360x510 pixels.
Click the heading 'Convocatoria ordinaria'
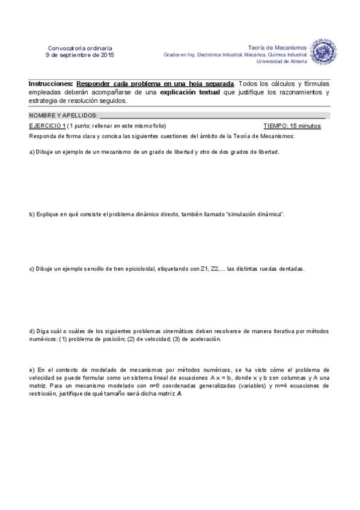80,48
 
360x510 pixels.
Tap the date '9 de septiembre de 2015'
80,55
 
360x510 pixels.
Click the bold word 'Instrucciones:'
51,84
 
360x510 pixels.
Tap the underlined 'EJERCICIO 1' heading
47,126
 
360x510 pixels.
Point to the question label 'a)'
32,152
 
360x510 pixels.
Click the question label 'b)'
32,214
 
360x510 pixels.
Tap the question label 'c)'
32,269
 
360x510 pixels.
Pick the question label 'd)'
32,331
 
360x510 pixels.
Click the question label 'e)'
32,369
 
